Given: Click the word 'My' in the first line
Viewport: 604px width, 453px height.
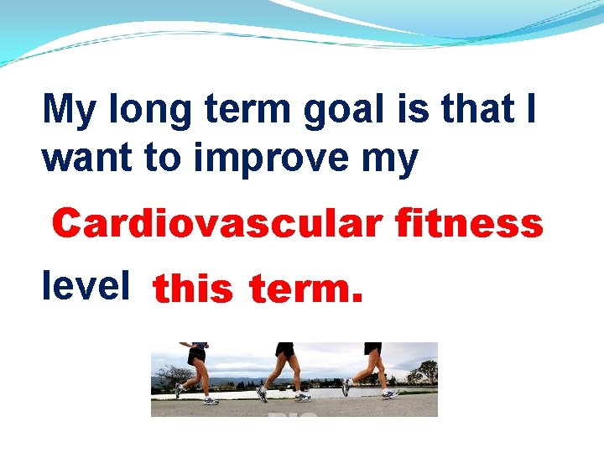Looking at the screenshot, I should coord(69,110).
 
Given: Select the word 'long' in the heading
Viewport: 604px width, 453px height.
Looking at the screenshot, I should coord(145,110).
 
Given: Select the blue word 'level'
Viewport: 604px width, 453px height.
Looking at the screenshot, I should coord(86,286).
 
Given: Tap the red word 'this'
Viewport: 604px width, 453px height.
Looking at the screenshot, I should coord(193,289).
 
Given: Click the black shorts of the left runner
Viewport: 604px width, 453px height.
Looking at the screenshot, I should coord(196,354).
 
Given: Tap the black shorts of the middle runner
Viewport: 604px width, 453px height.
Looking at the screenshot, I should coord(286,350).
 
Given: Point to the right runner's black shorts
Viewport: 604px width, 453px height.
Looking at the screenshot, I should coord(372,348).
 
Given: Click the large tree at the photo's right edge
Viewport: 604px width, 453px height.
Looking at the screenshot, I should coord(428,371).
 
